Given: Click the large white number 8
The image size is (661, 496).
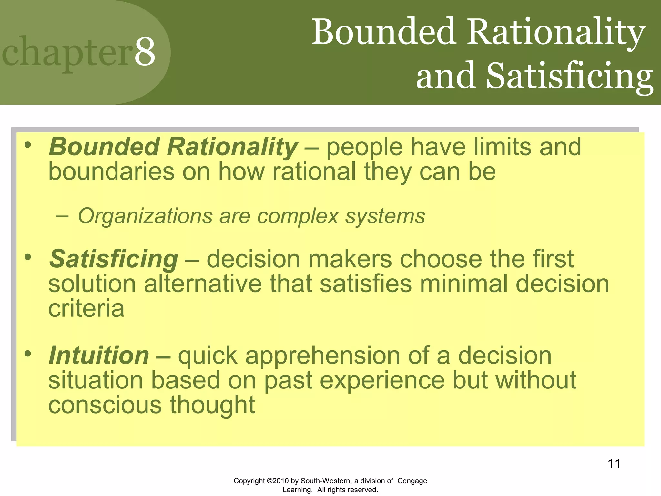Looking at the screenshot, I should pos(145,52).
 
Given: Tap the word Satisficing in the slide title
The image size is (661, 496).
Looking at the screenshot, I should pos(569,76).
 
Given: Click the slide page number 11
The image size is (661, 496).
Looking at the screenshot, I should pos(614,464).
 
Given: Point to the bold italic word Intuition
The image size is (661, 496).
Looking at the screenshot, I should pos(99,356).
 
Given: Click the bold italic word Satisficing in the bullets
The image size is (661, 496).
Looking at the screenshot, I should pos(113,259).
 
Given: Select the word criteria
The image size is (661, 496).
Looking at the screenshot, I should pos(86,308).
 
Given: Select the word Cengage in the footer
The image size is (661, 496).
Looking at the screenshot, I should pos(412,481).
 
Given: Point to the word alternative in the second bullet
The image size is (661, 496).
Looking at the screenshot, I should pos(202,284).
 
